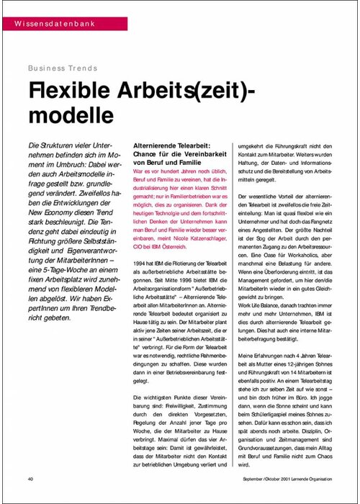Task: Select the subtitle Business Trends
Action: pos(63,68)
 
